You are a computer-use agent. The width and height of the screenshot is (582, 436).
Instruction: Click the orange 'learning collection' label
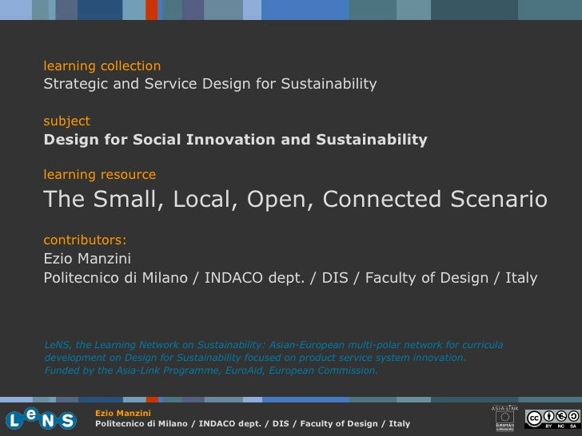pos(102,65)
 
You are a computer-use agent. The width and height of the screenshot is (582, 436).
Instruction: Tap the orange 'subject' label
pos(66,121)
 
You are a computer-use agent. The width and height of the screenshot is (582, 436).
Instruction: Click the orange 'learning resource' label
pos(99,175)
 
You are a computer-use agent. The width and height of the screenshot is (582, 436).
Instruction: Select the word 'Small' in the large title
pos(125,200)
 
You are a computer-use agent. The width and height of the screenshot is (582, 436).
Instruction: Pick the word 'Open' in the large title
pos(277,200)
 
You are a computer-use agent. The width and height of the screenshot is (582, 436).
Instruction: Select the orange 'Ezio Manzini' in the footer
pos(122,413)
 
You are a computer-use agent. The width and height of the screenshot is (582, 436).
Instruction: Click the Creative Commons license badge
pos(552,418)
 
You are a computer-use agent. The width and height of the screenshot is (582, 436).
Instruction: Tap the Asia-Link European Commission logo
pos(505,418)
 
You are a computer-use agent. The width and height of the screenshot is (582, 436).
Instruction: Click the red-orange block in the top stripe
pos(151,10)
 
